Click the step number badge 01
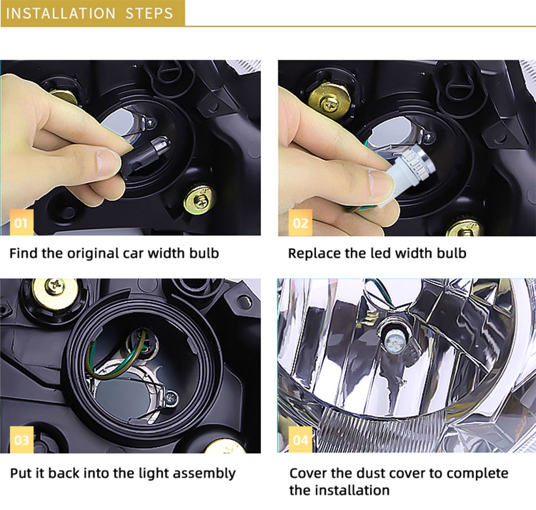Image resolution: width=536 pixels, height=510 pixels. [21, 222]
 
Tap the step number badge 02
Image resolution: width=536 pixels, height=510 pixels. [300, 222]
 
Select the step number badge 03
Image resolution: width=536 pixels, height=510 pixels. [21, 439]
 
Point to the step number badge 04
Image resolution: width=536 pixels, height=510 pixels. [300, 439]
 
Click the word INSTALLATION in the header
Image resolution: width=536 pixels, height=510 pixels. [61, 13]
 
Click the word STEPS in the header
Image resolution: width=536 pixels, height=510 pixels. [150, 13]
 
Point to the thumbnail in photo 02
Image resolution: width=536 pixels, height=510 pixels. [381, 183]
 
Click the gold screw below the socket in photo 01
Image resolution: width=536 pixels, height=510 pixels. [200, 200]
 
